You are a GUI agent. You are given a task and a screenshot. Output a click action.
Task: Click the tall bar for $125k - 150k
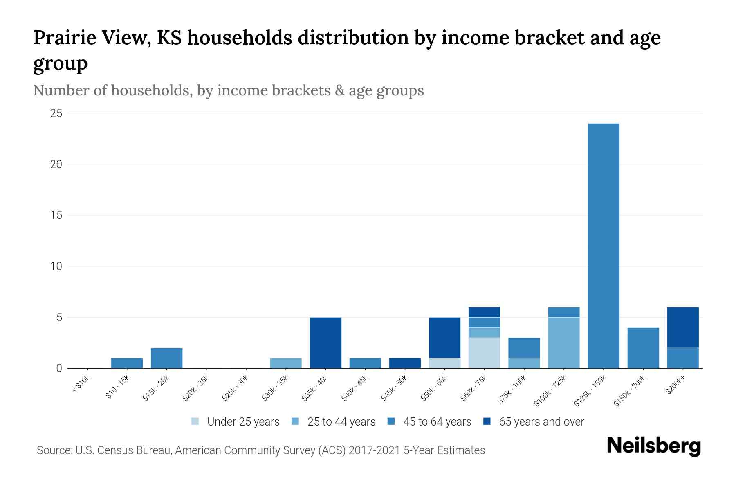[x=603, y=245]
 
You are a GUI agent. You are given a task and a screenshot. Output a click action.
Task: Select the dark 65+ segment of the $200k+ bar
[x=682, y=327]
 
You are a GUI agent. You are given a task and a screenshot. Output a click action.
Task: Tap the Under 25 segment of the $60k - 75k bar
[x=484, y=353]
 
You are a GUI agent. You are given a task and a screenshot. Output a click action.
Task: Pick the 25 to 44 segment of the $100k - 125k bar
[x=563, y=342]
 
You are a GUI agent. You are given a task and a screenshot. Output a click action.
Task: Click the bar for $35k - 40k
[x=325, y=342]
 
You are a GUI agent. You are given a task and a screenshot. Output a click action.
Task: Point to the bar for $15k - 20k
[x=166, y=358]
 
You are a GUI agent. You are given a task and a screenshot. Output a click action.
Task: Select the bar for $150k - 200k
[x=643, y=348]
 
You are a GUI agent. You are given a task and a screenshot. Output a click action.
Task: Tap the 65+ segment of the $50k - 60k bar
[x=444, y=338]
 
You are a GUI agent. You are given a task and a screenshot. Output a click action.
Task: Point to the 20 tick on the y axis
[x=56, y=164]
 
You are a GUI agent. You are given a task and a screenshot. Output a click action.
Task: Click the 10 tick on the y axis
[x=56, y=266]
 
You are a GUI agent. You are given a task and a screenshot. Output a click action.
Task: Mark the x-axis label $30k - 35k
[x=275, y=388]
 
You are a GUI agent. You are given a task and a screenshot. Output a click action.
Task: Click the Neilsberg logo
[x=653, y=446]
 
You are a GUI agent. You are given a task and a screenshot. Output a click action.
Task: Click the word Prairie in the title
[x=64, y=38]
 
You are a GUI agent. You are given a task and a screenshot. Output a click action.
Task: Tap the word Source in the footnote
[x=54, y=450]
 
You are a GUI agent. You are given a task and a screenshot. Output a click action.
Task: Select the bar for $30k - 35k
[x=286, y=363]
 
